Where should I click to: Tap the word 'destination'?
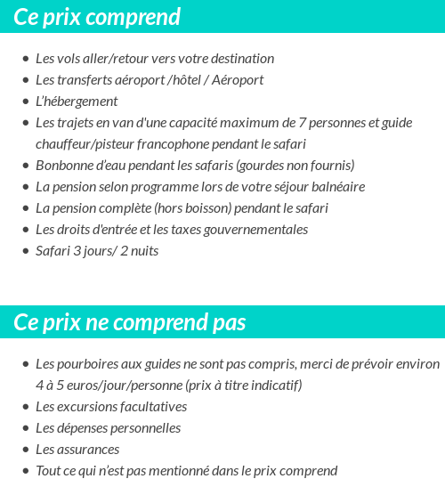point(240,59)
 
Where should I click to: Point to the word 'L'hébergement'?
point(77,101)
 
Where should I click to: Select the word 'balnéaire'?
point(336,187)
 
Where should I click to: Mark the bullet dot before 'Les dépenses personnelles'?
point(25,429)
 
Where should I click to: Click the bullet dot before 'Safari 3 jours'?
point(25,252)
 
